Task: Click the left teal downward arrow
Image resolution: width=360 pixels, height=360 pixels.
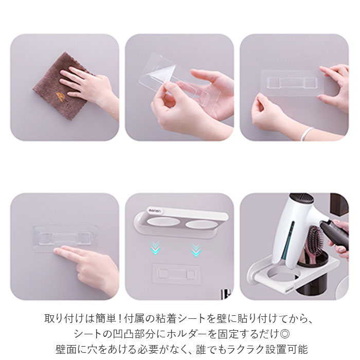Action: [155, 247]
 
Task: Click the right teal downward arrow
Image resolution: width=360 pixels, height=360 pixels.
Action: [196, 249]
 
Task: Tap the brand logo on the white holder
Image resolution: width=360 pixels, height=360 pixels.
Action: [154, 210]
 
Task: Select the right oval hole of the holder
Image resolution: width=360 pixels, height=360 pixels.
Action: [201, 225]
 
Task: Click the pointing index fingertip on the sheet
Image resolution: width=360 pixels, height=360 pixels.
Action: [57, 251]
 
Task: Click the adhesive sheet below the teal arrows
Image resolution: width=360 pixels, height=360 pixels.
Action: [176, 273]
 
